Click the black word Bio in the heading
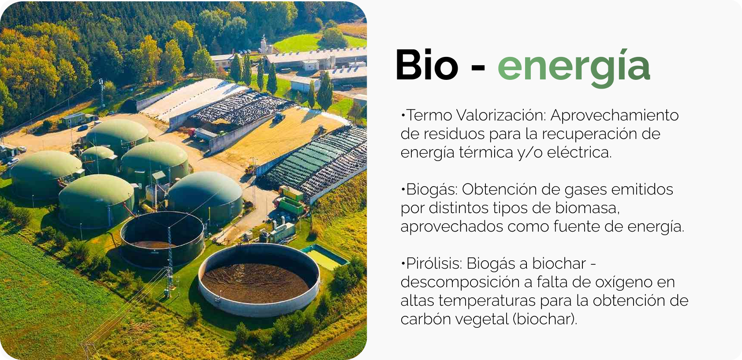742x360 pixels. click(x=427, y=65)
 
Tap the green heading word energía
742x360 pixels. click(x=574, y=68)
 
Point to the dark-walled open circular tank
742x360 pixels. click(x=162, y=239)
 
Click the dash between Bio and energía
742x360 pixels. click(x=477, y=68)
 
